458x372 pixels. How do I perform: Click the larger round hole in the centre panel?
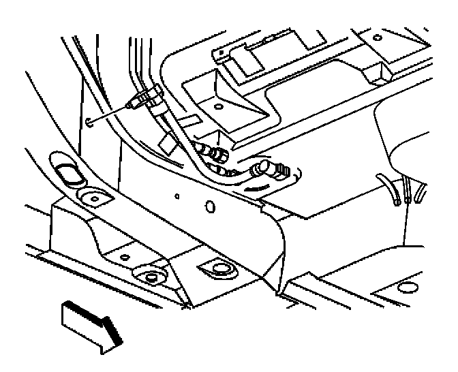210,206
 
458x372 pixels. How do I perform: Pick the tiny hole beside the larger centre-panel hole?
177,197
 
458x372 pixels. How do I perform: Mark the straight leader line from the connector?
112,112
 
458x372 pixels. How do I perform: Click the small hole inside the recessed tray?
217,107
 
